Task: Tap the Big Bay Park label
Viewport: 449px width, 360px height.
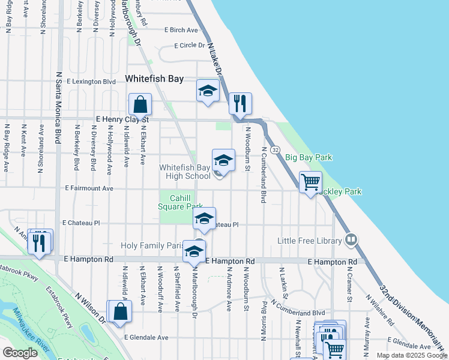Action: point(308,157)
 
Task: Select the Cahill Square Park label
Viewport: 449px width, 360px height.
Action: point(181,202)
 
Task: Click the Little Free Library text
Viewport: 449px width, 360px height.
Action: point(309,241)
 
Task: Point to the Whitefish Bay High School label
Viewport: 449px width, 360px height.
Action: point(185,172)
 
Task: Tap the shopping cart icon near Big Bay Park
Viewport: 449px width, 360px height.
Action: point(310,182)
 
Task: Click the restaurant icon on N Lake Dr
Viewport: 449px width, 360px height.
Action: point(240,103)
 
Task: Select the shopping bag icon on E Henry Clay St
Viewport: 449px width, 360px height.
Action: point(140,104)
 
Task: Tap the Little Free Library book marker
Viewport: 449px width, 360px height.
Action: point(352,240)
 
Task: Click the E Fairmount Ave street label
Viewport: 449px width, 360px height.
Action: point(90,188)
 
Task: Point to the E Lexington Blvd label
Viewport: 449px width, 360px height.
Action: point(91,81)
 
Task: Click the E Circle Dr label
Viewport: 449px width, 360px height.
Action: point(189,45)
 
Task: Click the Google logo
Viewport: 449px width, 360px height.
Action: point(20,353)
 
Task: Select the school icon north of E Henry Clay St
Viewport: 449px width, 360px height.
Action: point(208,91)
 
